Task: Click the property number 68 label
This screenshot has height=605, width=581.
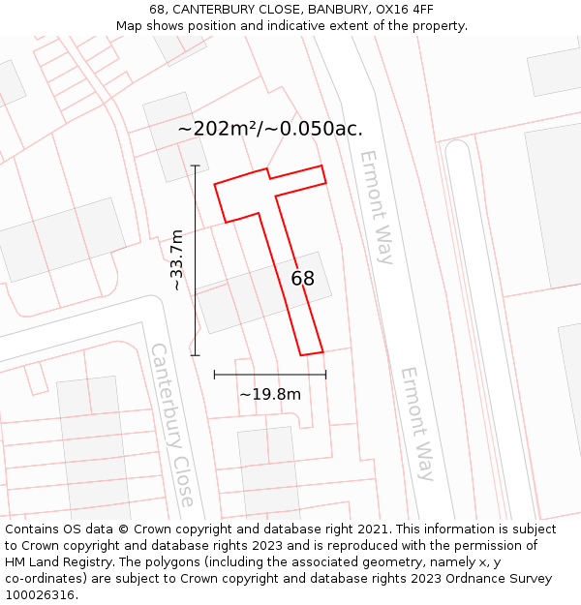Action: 303,279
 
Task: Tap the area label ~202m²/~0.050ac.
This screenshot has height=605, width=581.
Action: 270,129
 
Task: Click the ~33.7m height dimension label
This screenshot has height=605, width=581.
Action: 175,259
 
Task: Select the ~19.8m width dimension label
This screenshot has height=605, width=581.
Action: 270,394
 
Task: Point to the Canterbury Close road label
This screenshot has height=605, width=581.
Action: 172,424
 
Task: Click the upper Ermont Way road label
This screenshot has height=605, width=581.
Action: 377,207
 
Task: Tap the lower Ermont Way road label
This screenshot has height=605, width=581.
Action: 417,423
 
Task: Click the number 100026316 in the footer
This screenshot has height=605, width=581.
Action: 40,595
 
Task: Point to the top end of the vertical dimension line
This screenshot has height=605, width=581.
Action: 196,166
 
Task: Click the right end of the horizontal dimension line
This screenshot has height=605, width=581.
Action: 325,374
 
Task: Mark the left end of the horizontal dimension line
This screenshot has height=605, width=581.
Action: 214,374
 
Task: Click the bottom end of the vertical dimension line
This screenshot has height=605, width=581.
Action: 196,355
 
